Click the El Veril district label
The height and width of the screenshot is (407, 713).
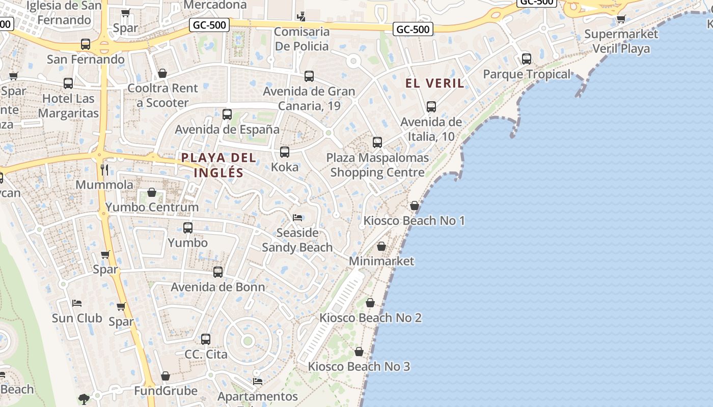[434, 83]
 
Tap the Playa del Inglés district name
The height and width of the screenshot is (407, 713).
[219, 165]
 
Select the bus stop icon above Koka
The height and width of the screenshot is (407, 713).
[285, 152]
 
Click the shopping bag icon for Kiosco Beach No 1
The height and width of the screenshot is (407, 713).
[415, 206]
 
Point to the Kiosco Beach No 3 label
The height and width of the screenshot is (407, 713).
[359, 366]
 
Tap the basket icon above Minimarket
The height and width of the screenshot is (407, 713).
[381, 247]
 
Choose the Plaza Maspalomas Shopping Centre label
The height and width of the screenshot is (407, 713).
[377, 165]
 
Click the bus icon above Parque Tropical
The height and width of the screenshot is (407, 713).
[527, 59]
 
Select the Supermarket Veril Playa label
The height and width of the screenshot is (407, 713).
[621, 41]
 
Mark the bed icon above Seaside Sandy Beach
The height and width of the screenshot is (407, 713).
[298, 218]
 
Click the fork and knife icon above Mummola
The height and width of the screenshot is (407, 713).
[104, 169]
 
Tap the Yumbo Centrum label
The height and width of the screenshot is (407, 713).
[152, 207]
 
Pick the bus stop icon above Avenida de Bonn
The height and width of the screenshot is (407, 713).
[218, 272]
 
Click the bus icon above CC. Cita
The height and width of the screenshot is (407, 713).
[206, 339]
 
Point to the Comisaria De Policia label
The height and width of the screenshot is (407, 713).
[301, 39]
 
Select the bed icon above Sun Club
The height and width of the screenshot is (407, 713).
[77, 303]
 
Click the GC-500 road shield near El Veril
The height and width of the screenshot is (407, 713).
[413, 29]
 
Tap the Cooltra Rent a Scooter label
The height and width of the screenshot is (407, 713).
[162, 95]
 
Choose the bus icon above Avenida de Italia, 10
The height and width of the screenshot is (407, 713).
[431, 107]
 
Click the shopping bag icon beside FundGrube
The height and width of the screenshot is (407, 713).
[166, 376]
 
